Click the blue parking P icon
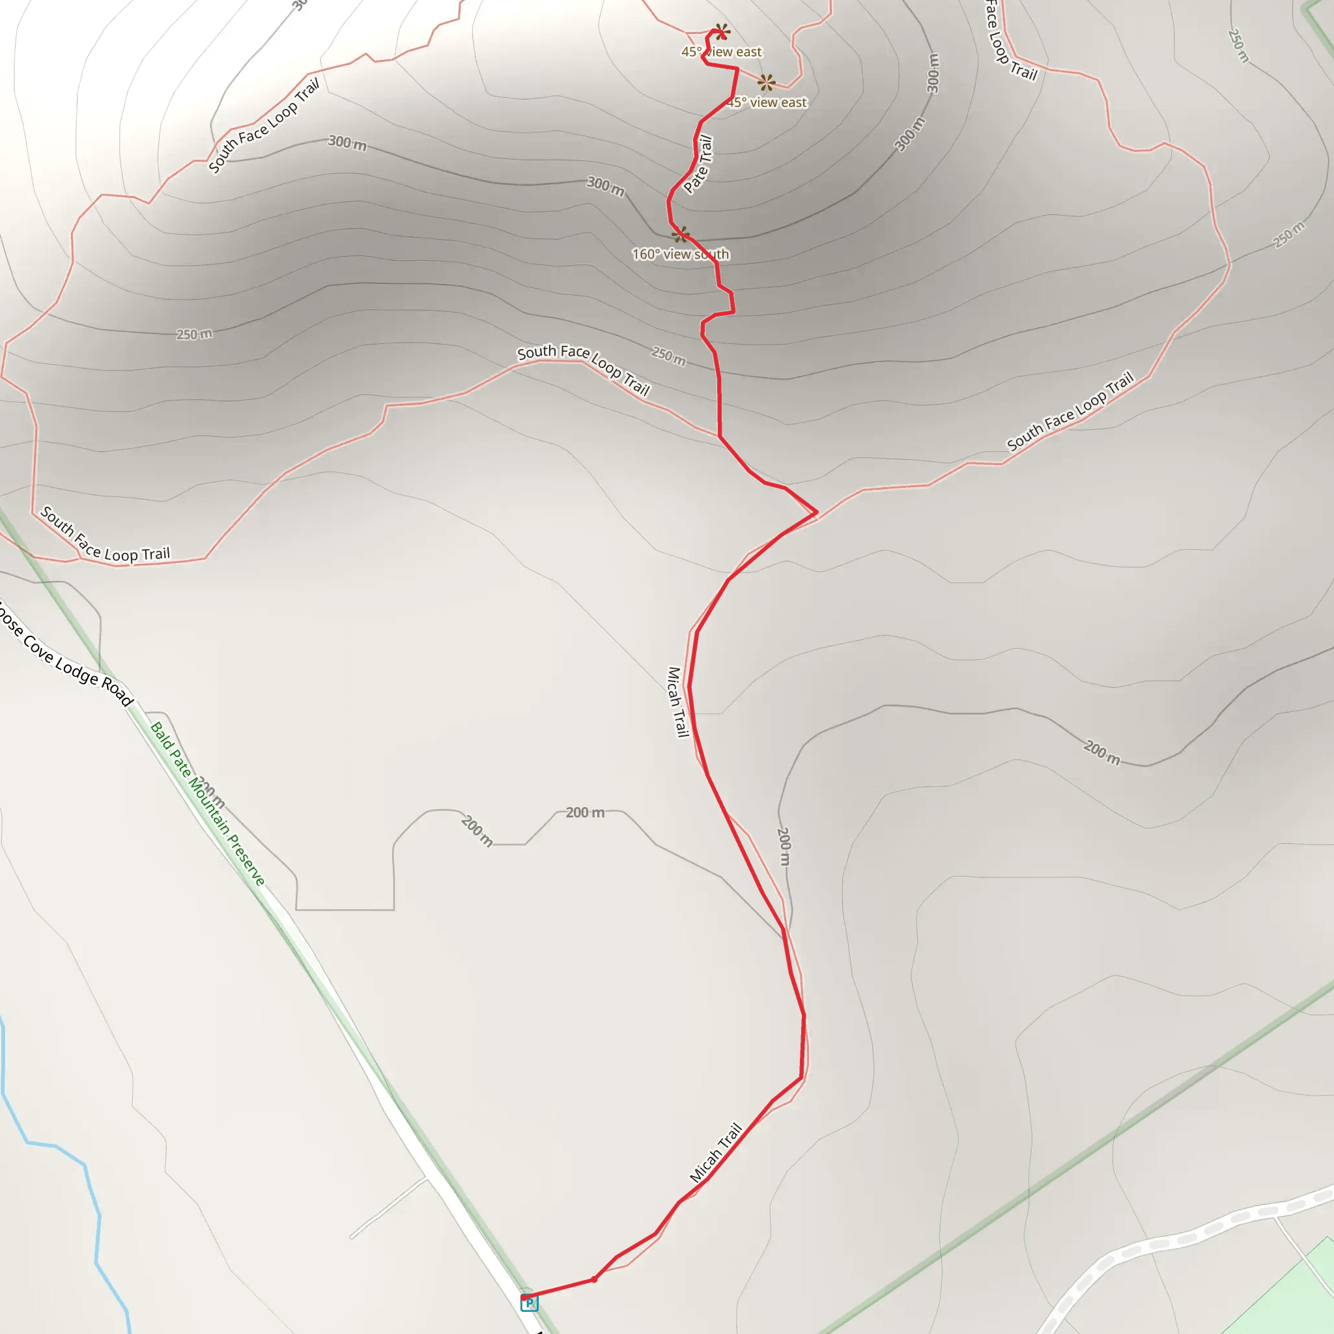(x=529, y=1302)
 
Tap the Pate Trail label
(x=698, y=164)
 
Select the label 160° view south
(x=680, y=254)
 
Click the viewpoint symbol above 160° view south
(x=680, y=234)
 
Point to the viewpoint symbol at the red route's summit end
(x=722, y=32)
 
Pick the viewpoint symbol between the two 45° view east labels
(x=766, y=83)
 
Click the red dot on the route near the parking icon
(x=594, y=1279)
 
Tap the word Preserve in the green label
(x=246, y=860)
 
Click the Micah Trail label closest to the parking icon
(x=716, y=1152)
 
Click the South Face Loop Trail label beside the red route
(x=584, y=369)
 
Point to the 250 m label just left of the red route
(x=668, y=356)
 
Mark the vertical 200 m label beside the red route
(x=784, y=846)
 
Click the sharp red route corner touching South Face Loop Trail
(x=817, y=513)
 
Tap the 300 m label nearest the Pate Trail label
(x=606, y=186)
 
